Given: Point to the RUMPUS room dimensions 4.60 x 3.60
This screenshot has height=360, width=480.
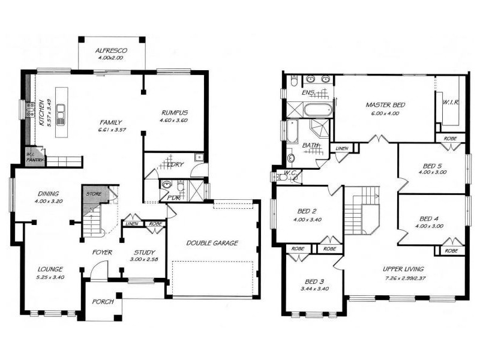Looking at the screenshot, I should [175, 120].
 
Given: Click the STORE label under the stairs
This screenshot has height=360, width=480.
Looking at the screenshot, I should [92, 193].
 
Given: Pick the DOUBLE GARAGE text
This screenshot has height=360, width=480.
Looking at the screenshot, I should [212, 243].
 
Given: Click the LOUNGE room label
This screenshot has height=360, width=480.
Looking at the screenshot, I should [50, 269].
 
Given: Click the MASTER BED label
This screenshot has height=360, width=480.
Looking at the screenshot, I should [386, 105].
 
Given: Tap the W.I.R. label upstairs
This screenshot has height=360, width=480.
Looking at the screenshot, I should [451, 102].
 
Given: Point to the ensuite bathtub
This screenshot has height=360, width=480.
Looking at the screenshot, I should [317, 110].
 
